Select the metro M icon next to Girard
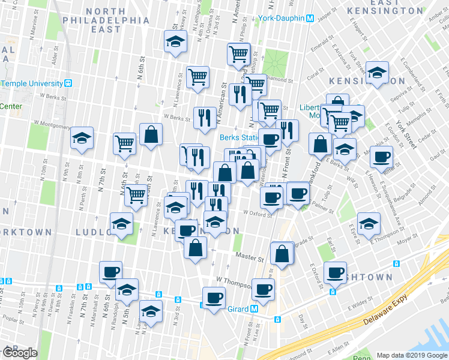(x=255, y=309)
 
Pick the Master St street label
(x=250, y=259)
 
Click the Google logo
(x=19, y=353)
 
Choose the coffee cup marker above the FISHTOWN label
(x=335, y=273)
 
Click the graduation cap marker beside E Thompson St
(x=369, y=224)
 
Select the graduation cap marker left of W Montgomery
(x=82, y=138)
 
